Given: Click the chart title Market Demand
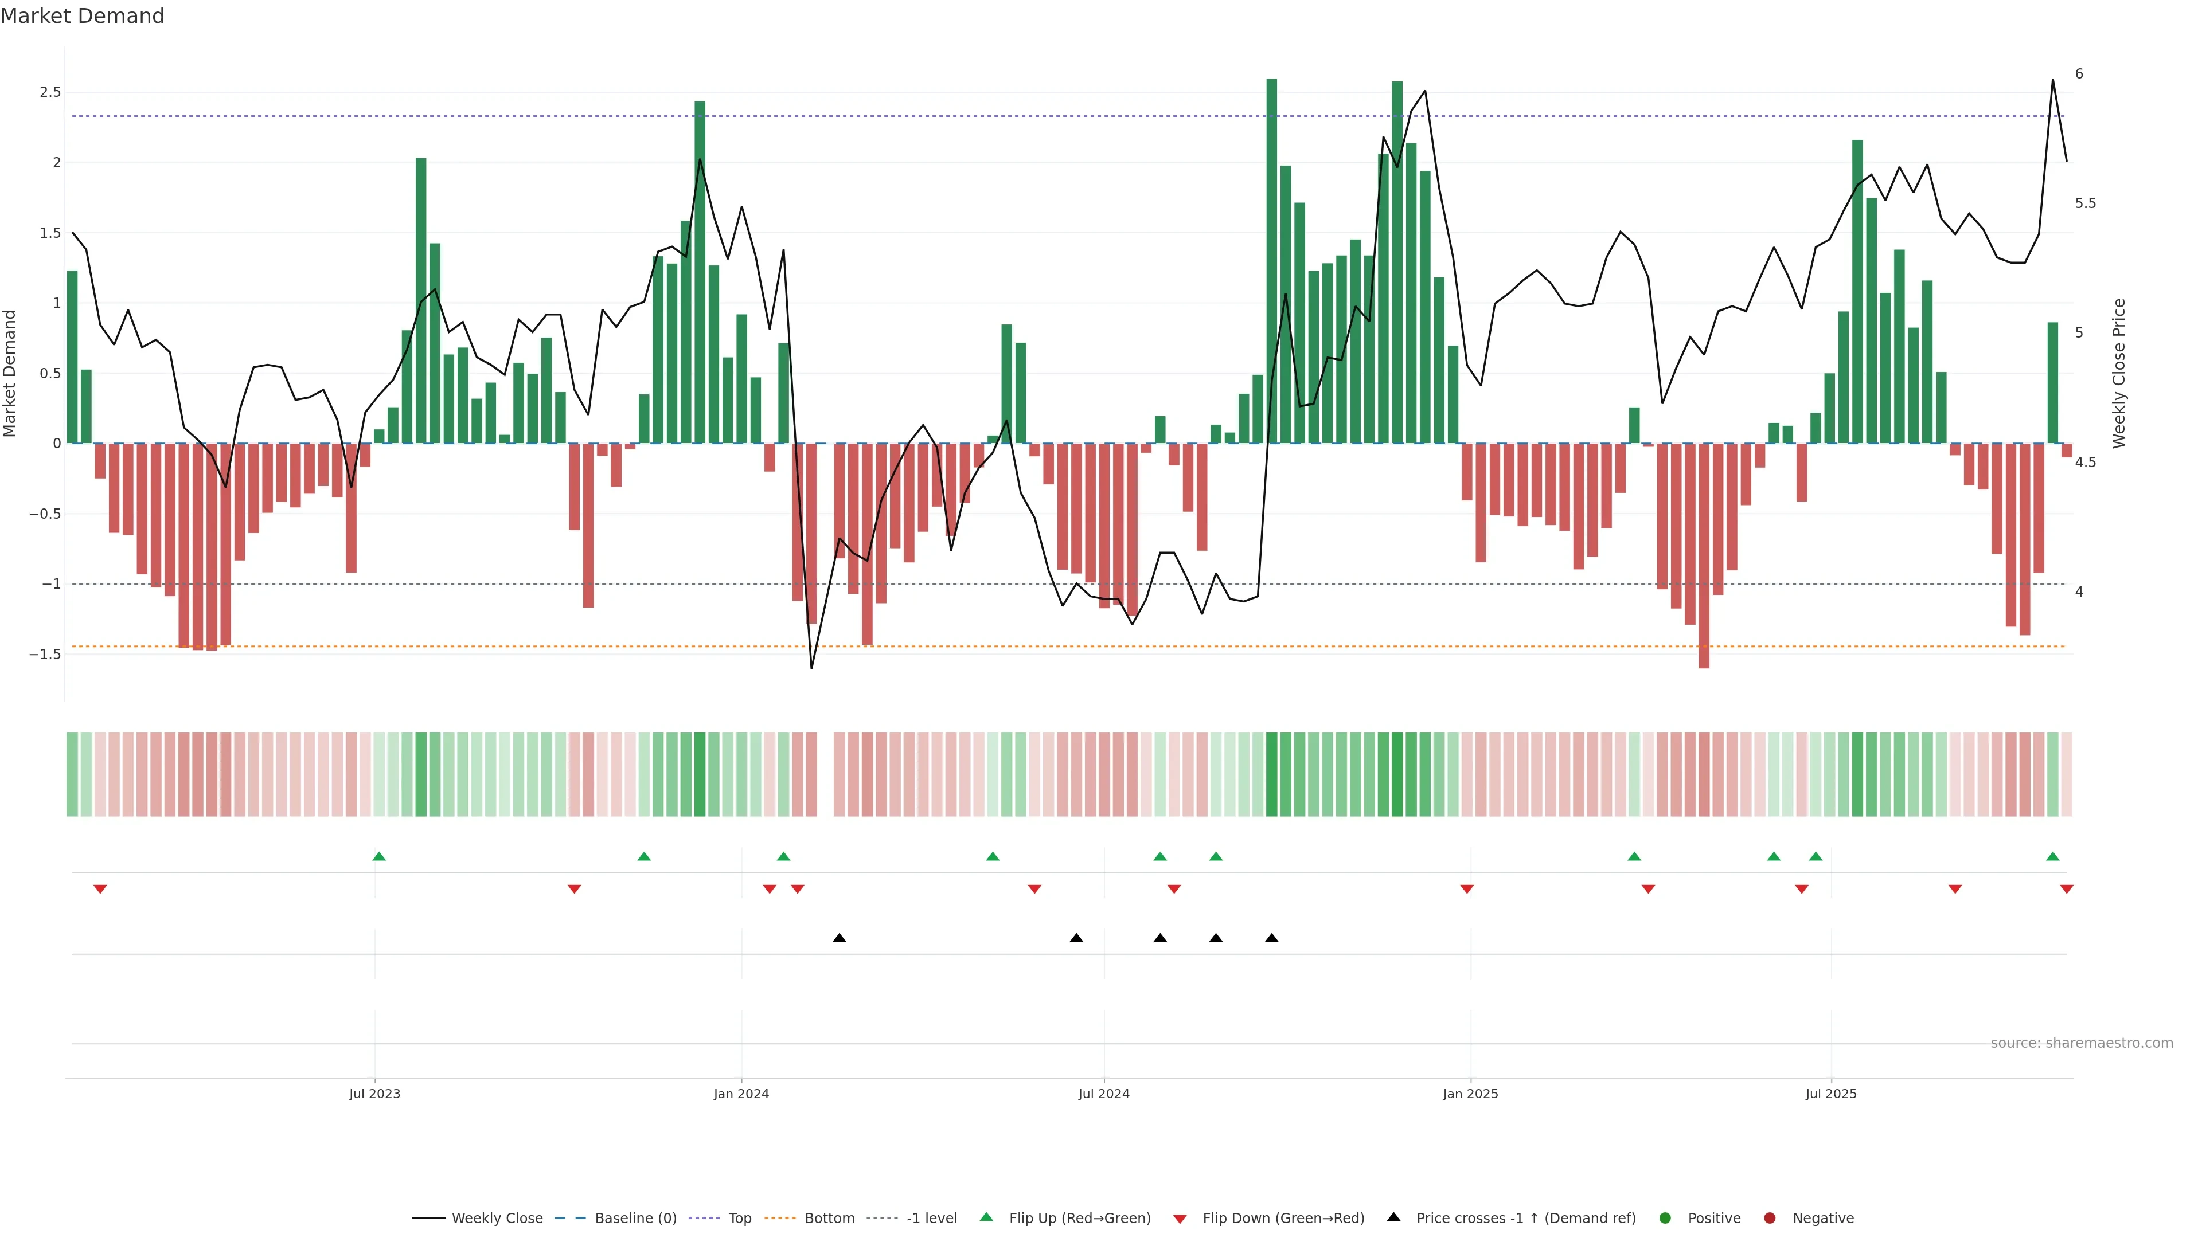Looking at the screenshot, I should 82,16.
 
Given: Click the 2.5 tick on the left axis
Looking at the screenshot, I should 50,92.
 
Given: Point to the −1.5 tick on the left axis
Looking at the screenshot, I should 45,655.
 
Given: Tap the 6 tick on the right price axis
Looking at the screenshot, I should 2079,75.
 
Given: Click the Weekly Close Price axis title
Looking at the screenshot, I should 2118,373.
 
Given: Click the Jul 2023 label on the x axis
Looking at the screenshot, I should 374,1094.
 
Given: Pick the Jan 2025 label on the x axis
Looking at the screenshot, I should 1470,1094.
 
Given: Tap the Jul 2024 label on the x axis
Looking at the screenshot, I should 1103,1094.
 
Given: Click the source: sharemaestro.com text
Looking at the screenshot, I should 2082,1043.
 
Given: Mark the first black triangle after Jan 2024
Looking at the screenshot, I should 840,938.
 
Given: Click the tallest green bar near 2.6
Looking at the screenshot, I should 1272,256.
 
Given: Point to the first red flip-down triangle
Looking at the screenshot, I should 100,890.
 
